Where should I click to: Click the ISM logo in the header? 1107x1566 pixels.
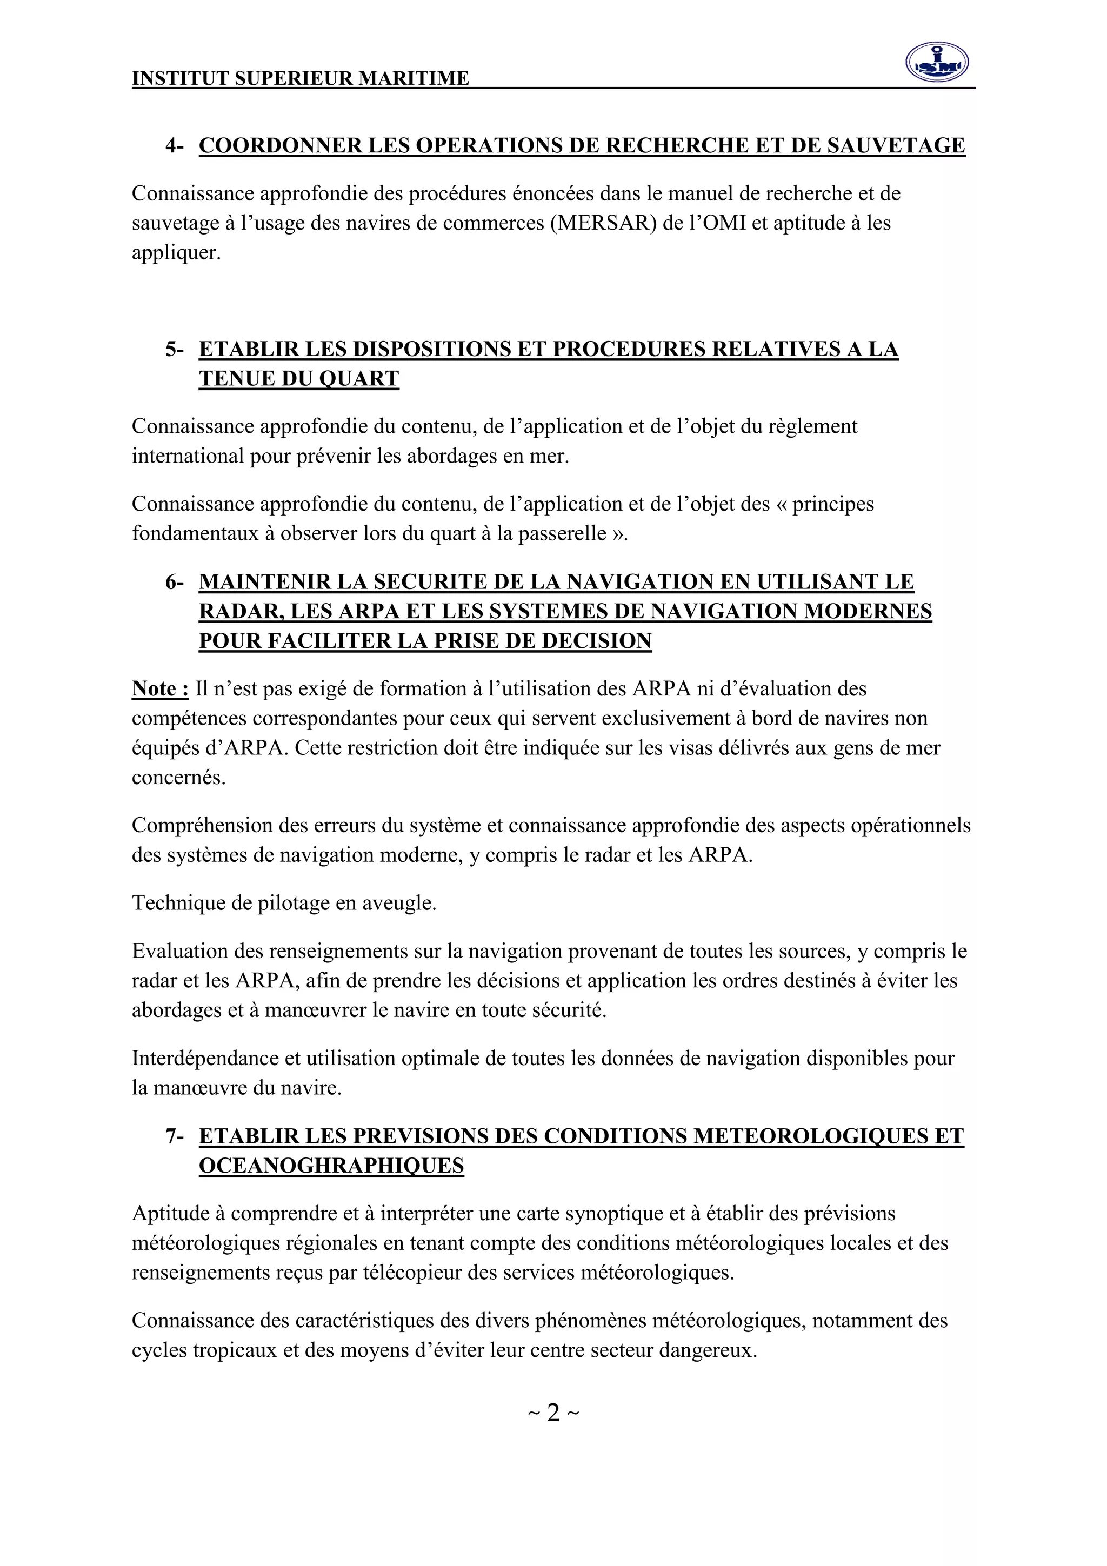tap(937, 62)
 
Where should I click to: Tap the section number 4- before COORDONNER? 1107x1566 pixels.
tap(174, 145)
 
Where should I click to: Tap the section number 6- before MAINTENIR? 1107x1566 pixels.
tap(174, 582)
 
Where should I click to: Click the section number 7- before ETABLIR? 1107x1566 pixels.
tap(174, 1136)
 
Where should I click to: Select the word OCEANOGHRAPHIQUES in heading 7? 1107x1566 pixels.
tap(331, 1166)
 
